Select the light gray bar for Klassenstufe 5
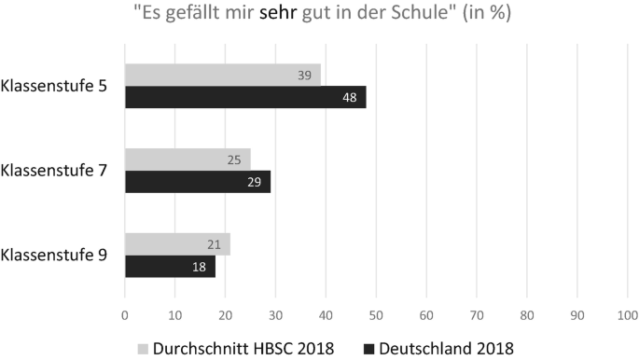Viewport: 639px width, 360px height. coord(222,75)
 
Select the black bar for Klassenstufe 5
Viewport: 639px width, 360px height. coord(245,97)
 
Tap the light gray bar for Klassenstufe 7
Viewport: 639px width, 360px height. coord(188,159)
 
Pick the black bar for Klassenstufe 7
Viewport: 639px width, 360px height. coord(198,182)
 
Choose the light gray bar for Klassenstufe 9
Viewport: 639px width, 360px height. coord(177,244)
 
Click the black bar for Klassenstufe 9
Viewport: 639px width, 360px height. coord(170,267)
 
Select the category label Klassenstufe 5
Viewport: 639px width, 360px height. coord(54,87)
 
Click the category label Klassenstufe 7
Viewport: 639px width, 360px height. coord(54,171)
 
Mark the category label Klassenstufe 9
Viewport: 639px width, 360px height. coord(54,256)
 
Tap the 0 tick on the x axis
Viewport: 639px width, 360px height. coord(125,315)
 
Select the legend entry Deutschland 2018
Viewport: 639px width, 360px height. coord(446,347)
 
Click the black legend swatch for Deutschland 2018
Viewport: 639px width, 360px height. coord(368,347)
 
